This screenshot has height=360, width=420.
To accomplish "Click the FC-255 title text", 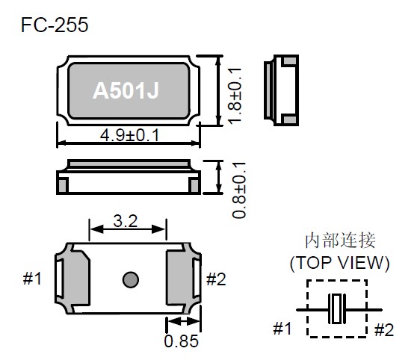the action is click(55, 25).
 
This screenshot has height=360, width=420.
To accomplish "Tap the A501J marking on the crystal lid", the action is click(126, 90).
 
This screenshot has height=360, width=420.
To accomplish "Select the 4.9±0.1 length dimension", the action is click(129, 135).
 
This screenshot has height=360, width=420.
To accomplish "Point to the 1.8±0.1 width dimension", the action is click(235, 96).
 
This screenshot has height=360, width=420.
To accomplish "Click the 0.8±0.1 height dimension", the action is click(239, 190).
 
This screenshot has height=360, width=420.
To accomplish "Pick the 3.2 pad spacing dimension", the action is click(126, 221).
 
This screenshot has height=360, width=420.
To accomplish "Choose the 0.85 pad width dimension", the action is click(182, 341).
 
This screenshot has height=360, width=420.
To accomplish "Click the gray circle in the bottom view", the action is click(131, 280).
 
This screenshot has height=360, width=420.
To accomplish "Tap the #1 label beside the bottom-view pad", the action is click(32, 279).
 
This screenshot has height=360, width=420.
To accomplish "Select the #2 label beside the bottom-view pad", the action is click(216, 279).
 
